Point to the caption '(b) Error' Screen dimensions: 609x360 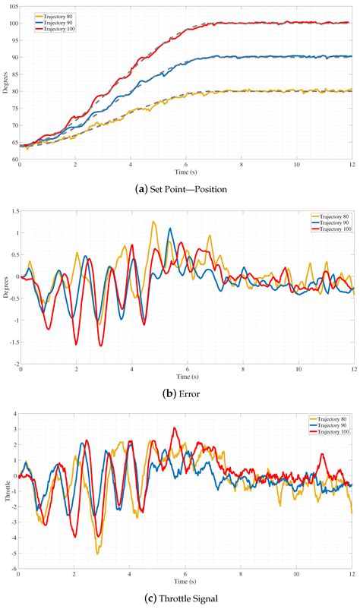(x=179, y=393)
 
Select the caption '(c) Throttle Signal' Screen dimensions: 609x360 (x=179, y=598)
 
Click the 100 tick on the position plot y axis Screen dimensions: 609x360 (x=13, y=23)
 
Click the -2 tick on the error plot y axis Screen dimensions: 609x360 (x=13, y=364)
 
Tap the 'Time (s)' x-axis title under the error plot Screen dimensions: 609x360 (x=186, y=377)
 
